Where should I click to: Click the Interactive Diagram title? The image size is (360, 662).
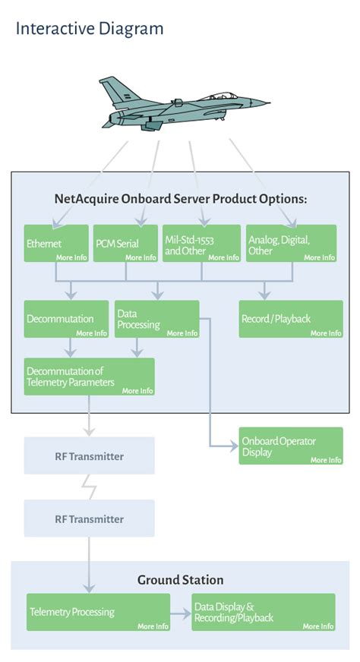[x=90, y=29]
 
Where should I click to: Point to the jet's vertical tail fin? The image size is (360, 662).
[x=116, y=90]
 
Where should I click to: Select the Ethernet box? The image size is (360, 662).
[x=56, y=244]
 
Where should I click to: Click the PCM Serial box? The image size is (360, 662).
[x=125, y=244]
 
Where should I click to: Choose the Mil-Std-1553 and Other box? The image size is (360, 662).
[x=201, y=244]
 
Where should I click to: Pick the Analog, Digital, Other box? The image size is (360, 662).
[x=291, y=244]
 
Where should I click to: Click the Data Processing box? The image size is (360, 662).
[x=157, y=319]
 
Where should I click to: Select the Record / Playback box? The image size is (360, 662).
[x=291, y=319]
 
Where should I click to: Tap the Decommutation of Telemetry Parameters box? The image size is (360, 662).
[x=89, y=377]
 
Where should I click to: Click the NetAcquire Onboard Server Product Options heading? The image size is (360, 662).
[x=180, y=199]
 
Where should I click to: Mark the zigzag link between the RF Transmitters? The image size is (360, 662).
[x=92, y=487]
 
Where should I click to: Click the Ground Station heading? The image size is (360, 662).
[x=180, y=580]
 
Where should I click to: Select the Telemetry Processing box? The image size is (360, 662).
[x=98, y=612]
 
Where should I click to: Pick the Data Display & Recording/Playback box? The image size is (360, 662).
[x=263, y=612]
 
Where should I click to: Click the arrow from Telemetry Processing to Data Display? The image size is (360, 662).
[x=181, y=612]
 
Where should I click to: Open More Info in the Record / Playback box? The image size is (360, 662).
[x=326, y=333]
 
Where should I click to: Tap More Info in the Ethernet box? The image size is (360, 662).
[x=71, y=257]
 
